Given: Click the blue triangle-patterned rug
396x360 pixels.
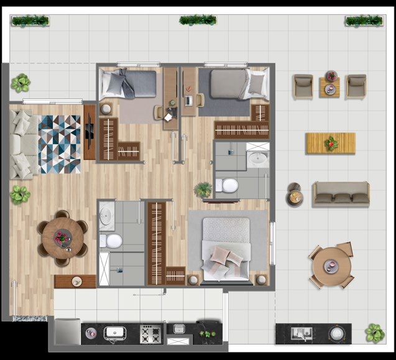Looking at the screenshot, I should pyautogui.click(x=60, y=144).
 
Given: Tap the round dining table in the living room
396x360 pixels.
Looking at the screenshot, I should pyautogui.click(x=62, y=238).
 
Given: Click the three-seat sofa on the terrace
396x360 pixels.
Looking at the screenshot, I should pyautogui.click(x=341, y=194).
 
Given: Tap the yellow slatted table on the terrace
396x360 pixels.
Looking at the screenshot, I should pyautogui.click(x=330, y=143).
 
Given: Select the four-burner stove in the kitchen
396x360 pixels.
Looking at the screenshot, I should pyautogui.click(x=151, y=335).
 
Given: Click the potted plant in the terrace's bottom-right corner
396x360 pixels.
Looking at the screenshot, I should pyautogui.click(x=374, y=333).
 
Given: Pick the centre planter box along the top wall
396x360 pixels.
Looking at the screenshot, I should pyautogui.click(x=198, y=21).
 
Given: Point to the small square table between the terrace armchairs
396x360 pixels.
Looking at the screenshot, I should pyautogui.click(x=329, y=87).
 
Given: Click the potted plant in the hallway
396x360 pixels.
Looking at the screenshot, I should pyautogui.click(x=203, y=189).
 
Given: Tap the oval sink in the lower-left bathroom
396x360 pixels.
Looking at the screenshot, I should pyautogui.click(x=106, y=216).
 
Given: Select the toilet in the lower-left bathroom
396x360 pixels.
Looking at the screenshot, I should pyautogui.click(x=113, y=241).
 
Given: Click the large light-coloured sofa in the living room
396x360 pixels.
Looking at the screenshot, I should pyautogui.click(x=22, y=144).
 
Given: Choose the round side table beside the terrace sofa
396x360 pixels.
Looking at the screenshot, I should pyautogui.click(x=295, y=197).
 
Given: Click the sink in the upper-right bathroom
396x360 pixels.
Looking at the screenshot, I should pyautogui.click(x=256, y=159).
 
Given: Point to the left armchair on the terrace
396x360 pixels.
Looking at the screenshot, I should pyautogui.click(x=303, y=86).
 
